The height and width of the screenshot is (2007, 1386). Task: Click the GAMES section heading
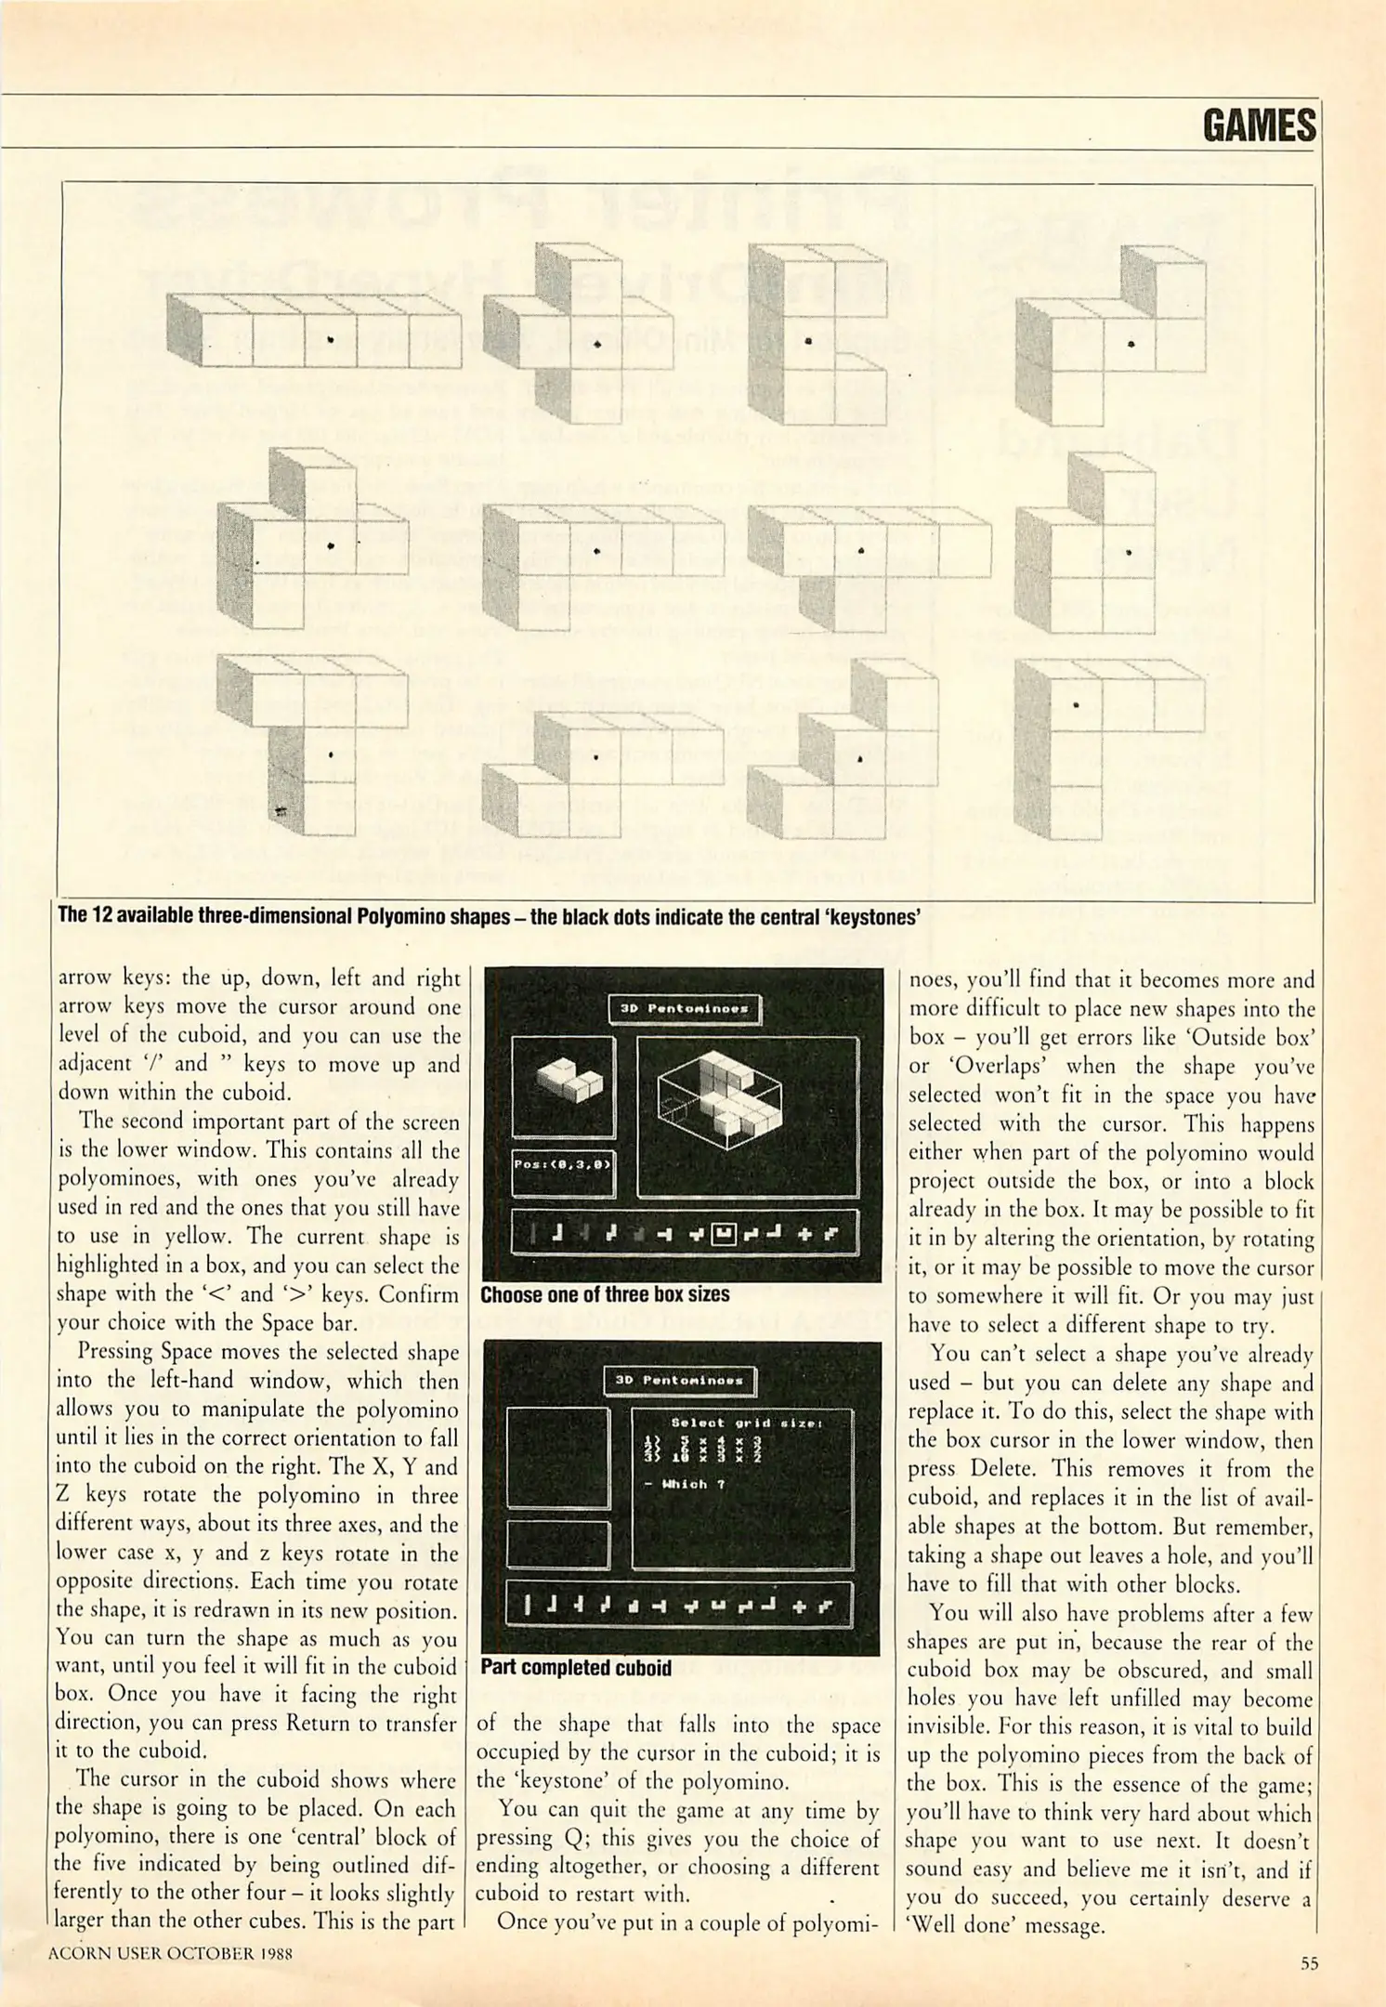(1259, 125)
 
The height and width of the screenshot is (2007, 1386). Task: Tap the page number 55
(1309, 1962)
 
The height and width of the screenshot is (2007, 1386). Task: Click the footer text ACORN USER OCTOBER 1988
(171, 1953)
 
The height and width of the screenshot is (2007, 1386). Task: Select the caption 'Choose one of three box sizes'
(605, 1294)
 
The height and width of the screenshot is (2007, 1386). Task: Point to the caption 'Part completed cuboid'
(575, 1668)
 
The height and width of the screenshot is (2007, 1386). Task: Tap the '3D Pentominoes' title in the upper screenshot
(685, 1008)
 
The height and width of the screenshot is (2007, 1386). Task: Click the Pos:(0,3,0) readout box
(563, 1163)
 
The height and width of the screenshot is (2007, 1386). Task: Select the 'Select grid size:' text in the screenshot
(747, 1423)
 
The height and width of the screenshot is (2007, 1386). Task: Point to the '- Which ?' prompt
(684, 1484)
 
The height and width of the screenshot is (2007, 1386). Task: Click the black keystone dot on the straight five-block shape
(331, 340)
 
